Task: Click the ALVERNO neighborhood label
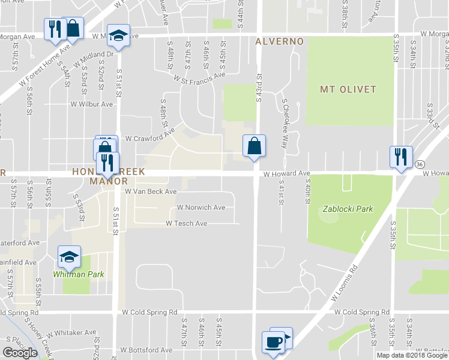click(280, 41)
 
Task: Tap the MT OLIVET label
click(348, 89)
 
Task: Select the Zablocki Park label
click(348, 209)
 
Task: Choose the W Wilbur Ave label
click(91, 104)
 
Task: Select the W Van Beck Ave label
click(151, 191)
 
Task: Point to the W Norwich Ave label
click(200, 208)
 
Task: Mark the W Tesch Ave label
click(187, 223)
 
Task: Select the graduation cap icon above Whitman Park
click(69, 256)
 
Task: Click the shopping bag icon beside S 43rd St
click(254, 145)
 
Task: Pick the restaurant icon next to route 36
click(399, 157)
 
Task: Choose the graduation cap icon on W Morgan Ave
click(118, 35)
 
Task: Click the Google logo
click(20, 352)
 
